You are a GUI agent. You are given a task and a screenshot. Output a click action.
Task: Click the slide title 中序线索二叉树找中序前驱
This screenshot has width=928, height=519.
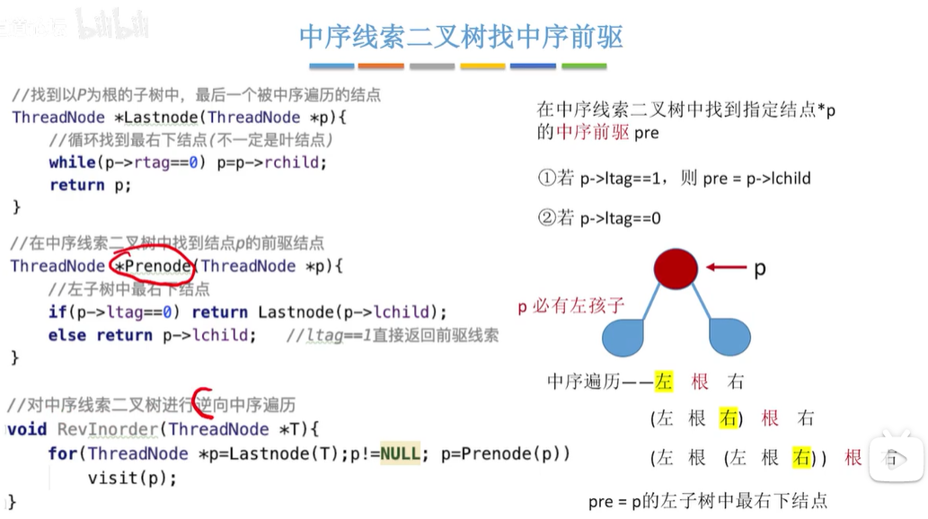tap(461, 36)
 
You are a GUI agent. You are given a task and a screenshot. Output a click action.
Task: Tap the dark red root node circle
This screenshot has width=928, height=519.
tap(676, 268)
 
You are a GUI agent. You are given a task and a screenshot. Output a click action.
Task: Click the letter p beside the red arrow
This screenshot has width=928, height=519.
tap(760, 268)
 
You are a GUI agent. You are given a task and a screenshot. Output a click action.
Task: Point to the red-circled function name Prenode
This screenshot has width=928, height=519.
tap(153, 266)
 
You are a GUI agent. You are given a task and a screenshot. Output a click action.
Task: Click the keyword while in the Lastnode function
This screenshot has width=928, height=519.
tap(72, 162)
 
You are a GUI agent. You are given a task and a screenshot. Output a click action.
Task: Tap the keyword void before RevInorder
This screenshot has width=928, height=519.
tap(28, 429)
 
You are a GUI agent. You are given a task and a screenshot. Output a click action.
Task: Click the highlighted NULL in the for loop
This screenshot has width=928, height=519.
tap(400, 453)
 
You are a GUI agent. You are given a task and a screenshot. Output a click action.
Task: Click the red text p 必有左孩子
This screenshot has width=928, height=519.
tap(570, 306)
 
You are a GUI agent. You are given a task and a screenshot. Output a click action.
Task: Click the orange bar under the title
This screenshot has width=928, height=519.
tap(381, 66)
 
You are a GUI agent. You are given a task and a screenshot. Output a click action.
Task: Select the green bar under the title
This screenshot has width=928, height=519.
tap(584, 66)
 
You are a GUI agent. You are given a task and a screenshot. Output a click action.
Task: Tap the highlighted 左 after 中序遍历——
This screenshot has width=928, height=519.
tap(664, 382)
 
